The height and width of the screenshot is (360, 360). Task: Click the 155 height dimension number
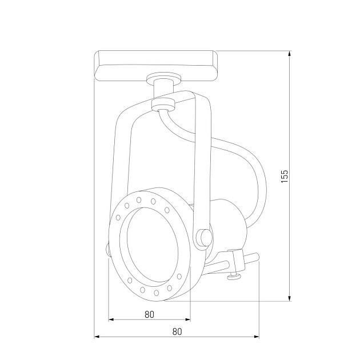285,176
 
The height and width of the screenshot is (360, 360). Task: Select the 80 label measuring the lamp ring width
149,314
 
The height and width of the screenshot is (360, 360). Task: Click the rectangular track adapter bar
158,63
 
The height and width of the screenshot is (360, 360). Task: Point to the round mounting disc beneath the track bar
162,78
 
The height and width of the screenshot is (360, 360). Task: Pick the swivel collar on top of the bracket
164,103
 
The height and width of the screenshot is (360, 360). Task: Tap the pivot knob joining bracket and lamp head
203,238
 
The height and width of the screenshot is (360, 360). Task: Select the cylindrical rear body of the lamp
229,223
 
